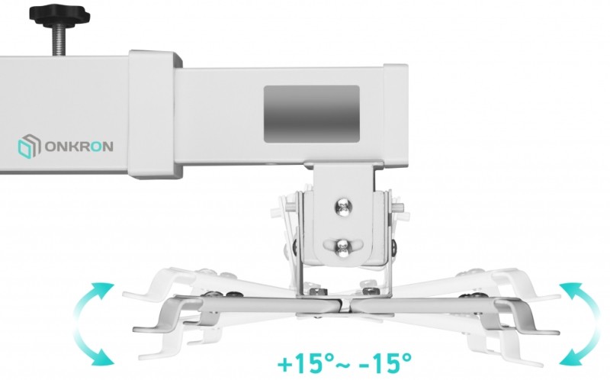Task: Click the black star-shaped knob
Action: point(59,16)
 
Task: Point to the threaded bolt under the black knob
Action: point(59,40)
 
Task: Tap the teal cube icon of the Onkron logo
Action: point(29,147)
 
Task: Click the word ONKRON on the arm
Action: point(79,147)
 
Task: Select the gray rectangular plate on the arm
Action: point(312,114)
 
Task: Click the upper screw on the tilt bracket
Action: point(343,207)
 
